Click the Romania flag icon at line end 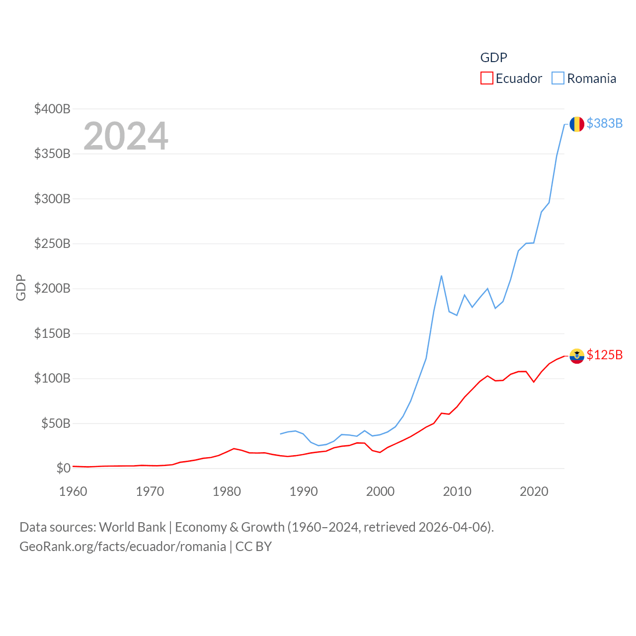coord(576,124)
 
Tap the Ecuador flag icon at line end coord(576,356)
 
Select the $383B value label coord(604,123)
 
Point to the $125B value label coord(604,355)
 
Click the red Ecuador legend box coord(486,79)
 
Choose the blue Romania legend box coord(558,79)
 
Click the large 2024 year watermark coord(126,136)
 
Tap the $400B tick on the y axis coord(52,109)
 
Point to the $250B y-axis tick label coord(52,243)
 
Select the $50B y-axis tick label coord(56,423)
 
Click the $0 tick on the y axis coord(63,468)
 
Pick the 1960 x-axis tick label coord(73,491)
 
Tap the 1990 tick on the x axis coord(304,491)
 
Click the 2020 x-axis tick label coord(534,491)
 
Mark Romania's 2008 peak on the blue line coord(441,276)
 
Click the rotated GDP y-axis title coord(21,287)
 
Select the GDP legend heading coord(493,58)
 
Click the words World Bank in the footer coord(132,527)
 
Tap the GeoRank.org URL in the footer coord(123,547)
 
